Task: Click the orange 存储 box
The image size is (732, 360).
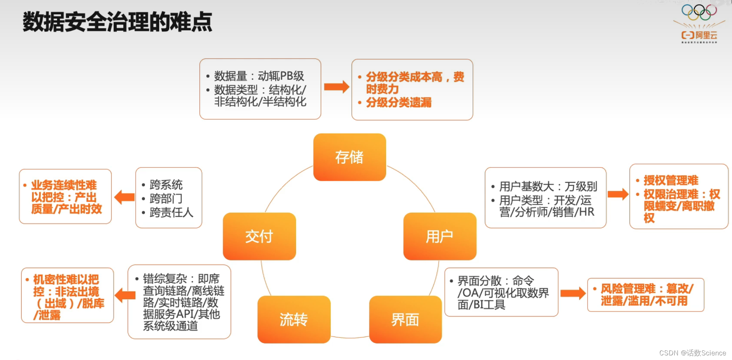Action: click(x=349, y=157)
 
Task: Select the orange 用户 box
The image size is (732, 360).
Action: click(x=439, y=236)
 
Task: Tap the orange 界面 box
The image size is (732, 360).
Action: click(x=405, y=319)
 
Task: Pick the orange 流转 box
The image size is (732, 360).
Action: click(x=294, y=319)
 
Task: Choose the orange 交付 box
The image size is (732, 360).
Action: click(x=259, y=236)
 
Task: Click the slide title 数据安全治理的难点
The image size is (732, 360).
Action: click(x=117, y=22)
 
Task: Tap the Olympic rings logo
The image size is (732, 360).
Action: click(x=699, y=12)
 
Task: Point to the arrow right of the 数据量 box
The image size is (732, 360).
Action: click(x=336, y=87)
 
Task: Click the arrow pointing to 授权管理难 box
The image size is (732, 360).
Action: click(x=618, y=194)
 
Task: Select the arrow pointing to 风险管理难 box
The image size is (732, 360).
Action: click(x=573, y=294)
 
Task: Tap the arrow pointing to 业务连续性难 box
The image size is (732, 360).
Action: click(x=125, y=197)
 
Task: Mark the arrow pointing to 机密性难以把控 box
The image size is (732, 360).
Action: click(x=125, y=295)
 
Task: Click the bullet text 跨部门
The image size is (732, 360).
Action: click(x=166, y=198)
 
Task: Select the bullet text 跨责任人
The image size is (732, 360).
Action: click(x=171, y=212)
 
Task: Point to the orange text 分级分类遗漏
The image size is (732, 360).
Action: click(x=398, y=103)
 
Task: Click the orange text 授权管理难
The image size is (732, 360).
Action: click(x=671, y=180)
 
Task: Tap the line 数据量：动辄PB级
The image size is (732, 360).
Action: click(x=259, y=76)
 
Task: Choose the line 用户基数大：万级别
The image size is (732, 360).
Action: click(x=548, y=187)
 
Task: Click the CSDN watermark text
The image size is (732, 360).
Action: click(x=692, y=353)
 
